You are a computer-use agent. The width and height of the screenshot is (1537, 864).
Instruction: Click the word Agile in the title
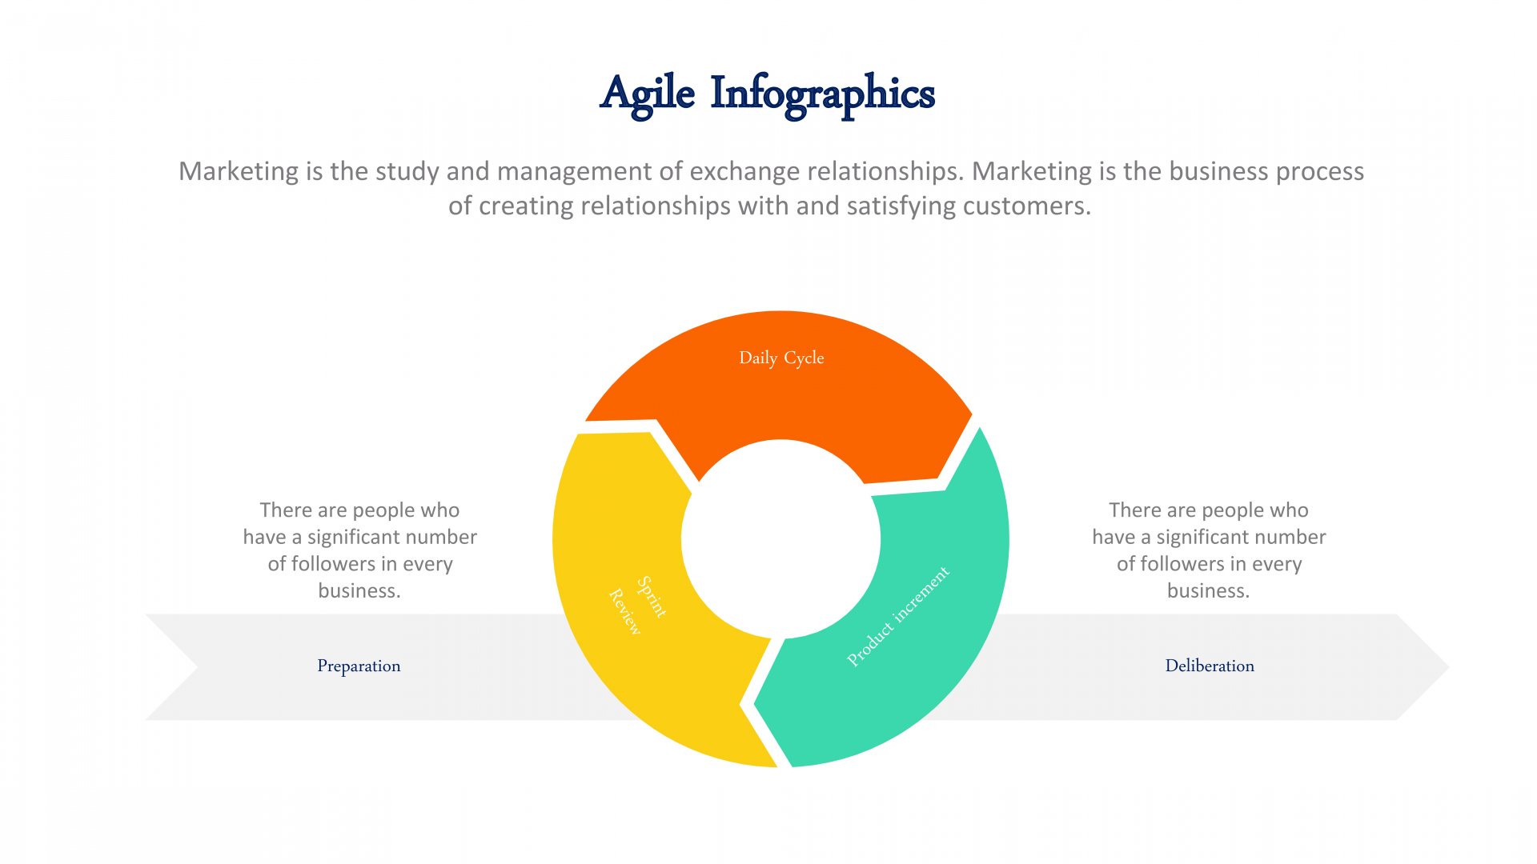coord(648,94)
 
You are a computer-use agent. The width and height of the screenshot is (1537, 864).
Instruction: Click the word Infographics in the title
coord(823,94)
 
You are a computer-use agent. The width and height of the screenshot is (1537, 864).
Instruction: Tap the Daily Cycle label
coord(781,358)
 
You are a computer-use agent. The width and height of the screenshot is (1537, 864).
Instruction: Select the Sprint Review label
coord(637,606)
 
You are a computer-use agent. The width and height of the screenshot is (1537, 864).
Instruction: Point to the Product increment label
coord(898,616)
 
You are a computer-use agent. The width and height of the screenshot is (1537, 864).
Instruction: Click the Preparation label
coord(359,666)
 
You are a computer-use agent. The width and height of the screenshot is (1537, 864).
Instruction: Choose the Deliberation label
coord(1210,666)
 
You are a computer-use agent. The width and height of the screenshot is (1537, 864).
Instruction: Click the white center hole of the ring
coord(781,539)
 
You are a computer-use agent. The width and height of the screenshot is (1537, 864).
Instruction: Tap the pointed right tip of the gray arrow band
coord(1447,667)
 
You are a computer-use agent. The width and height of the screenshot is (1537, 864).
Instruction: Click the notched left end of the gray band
coord(197,667)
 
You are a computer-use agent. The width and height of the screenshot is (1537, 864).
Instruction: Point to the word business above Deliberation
coord(1208,591)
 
